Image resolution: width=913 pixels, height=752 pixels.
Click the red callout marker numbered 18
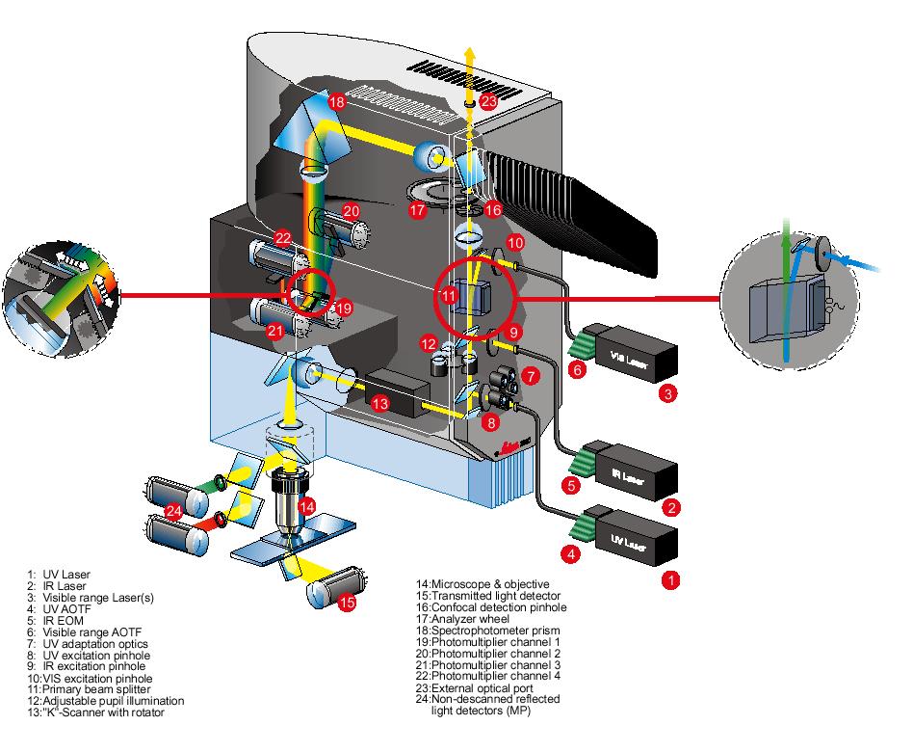(x=336, y=101)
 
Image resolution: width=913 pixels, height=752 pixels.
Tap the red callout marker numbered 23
(x=489, y=100)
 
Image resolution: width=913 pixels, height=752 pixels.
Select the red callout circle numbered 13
(x=379, y=403)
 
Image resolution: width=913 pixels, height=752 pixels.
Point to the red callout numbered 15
(x=348, y=603)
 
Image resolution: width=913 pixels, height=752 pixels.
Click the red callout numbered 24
(x=172, y=510)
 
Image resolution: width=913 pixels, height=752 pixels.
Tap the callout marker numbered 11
(x=449, y=295)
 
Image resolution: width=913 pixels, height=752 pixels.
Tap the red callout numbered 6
(x=578, y=369)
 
